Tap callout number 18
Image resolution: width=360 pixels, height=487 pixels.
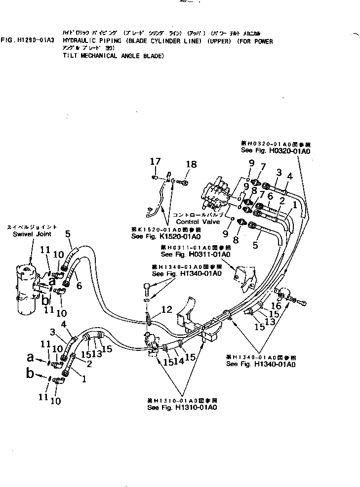(x=191, y=164)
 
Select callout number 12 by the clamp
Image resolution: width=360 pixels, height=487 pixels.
(x=167, y=309)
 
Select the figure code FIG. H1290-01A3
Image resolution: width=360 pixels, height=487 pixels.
(x=29, y=41)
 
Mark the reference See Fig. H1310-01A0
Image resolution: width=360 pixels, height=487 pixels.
(x=182, y=407)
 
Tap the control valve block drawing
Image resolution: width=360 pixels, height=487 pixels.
(x=217, y=195)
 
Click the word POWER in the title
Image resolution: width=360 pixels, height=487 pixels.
(x=262, y=41)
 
